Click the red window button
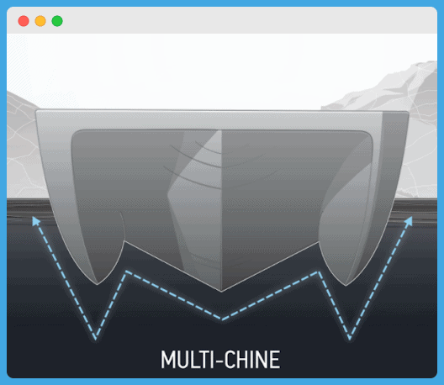[24, 21]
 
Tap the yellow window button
[40, 21]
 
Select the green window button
[57, 21]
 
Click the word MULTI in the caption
[187, 360]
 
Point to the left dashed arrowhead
[35, 221]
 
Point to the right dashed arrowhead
[409, 221]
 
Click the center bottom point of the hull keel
[221, 291]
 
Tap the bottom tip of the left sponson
[98, 284]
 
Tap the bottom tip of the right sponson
[346, 285]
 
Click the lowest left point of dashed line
[96, 338]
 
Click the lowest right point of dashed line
[350, 338]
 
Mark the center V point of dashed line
[223, 319]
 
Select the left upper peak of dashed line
[126, 272]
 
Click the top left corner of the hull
[36, 110]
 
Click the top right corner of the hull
[408, 112]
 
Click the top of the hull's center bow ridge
[221, 131]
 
